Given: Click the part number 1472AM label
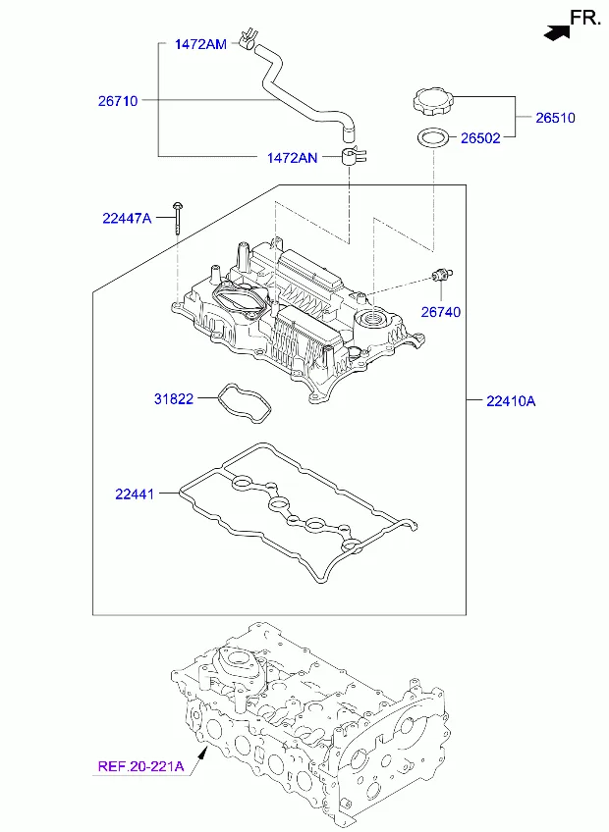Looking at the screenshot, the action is (200, 44).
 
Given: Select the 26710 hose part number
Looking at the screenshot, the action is (118, 101).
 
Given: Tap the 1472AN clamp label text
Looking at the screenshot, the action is (292, 158).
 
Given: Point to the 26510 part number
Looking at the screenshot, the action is (555, 118).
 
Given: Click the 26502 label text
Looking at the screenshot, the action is (480, 138).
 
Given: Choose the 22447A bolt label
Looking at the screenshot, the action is (127, 218).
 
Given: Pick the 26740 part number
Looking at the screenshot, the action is (440, 312).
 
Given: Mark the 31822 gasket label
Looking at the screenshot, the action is (174, 398).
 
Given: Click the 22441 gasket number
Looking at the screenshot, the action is (135, 494).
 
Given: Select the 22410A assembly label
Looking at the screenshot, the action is (511, 401).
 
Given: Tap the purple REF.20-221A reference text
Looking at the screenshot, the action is (140, 766).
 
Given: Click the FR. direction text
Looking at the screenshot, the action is (585, 18).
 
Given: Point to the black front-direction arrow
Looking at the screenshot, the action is (557, 32).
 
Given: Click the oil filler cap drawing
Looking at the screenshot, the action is (432, 101).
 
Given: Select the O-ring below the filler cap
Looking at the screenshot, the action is (433, 138).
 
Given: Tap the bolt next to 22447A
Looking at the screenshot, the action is (177, 217).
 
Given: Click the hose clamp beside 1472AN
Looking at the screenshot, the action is (352, 157).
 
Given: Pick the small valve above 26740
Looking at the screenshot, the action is (442, 275).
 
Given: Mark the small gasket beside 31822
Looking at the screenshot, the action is (245, 403).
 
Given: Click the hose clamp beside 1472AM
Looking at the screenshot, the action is (247, 39).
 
